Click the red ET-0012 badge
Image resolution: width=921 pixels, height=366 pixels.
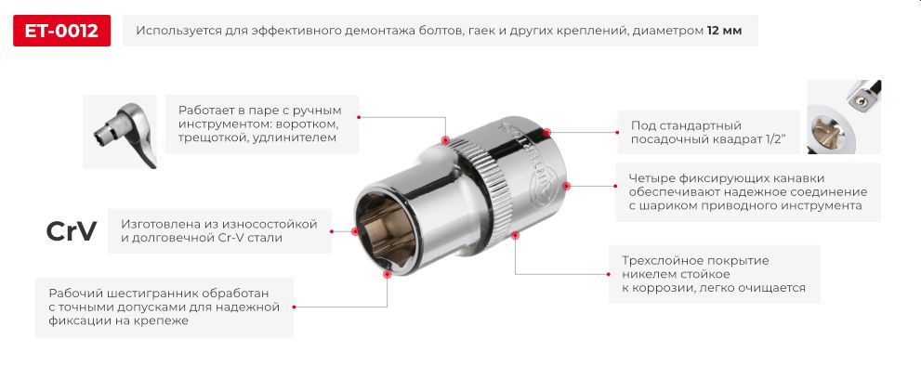(x=61, y=31)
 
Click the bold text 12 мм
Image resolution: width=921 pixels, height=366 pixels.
(x=724, y=31)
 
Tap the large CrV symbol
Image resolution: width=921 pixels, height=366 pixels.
(x=72, y=232)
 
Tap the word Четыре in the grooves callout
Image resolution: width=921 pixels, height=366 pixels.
(x=651, y=178)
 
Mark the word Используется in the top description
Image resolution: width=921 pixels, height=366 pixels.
(x=176, y=31)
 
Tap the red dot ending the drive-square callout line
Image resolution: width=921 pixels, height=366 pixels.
(x=546, y=132)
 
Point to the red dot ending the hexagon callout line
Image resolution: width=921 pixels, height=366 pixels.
(x=387, y=273)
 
